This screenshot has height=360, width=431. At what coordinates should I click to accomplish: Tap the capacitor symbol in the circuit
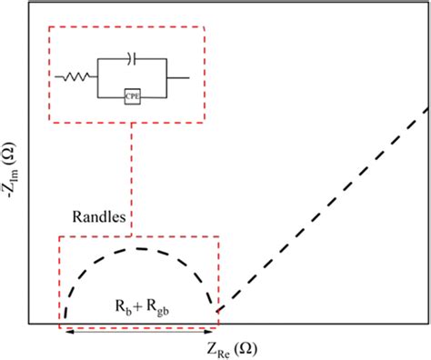[x=133, y=59]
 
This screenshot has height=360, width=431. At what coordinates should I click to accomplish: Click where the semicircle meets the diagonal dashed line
[x=217, y=310]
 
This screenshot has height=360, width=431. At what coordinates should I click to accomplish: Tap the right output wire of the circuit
[x=178, y=76]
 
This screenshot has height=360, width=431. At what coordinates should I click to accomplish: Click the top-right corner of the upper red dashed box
[x=205, y=26]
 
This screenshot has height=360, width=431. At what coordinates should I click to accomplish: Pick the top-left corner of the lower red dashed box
[x=59, y=237]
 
